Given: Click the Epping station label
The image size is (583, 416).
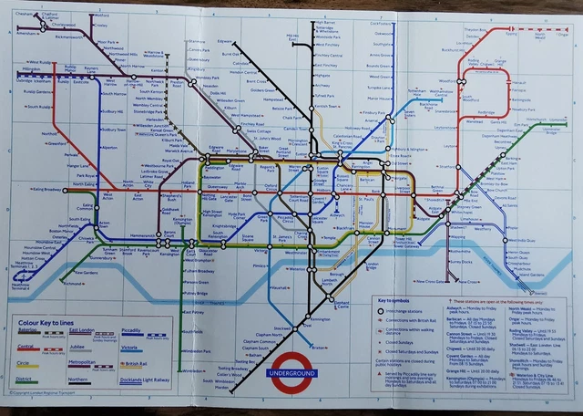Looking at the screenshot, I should click(512, 35).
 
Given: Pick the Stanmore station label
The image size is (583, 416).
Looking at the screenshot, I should click(198, 42).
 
